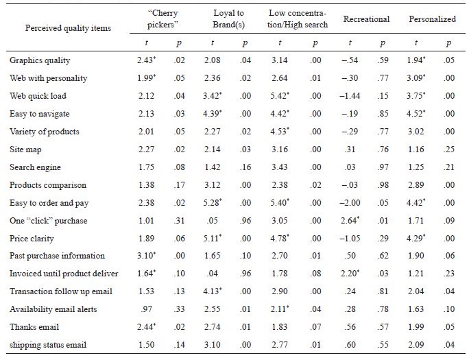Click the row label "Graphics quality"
(x=40, y=60)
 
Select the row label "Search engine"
(x=35, y=167)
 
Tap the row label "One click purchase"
(x=46, y=220)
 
